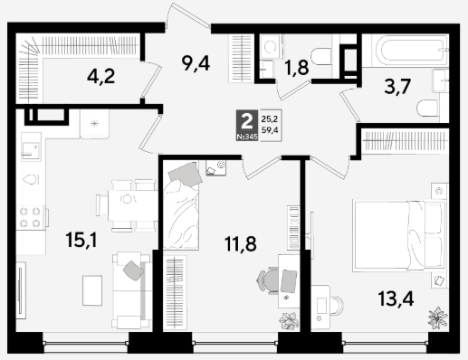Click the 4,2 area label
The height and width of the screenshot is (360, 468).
pyautogui.click(x=101, y=77)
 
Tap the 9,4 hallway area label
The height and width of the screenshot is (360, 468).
pyautogui.click(x=196, y=63)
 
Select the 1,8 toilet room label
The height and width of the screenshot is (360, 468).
pyautogui.click(x=297, y=68)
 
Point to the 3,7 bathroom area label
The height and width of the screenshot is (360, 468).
pyautogui.click(x=397, y=87)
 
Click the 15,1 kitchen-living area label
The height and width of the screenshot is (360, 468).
pyautogui.click(x=81, y=241)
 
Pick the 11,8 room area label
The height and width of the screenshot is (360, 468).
pyautogui.click(x=241, y=243)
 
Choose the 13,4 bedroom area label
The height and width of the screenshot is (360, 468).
pyautogui.click(x=396, y=298)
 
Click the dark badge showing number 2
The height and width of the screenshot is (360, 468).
pyautogui.click(x=247, y=125)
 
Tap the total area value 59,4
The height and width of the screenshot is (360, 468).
pyautogui.click(x=270, y=130)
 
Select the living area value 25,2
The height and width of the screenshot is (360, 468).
pyautogui.click(x=270, y=119)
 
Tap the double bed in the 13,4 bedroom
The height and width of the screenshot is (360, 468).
pyautogui.click(x=399, y=236)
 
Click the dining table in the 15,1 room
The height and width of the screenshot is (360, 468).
pyautogui.click(x=133, y=205)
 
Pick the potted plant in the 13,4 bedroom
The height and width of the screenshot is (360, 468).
pyautogui.click(x=437, y=318)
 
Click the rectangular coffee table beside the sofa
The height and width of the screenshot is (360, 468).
pyautogui.click(x=92, y=290)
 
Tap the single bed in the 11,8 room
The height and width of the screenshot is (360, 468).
pyautogui.click(x=181, y=205)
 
